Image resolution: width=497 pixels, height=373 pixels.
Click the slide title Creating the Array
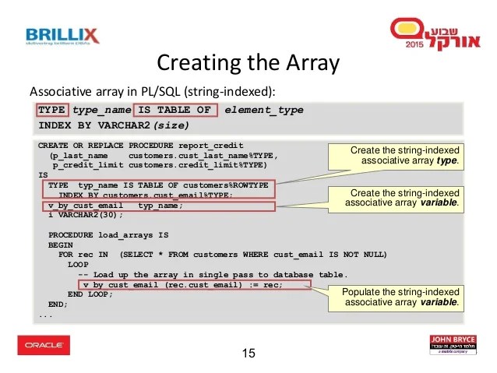click(248, 62)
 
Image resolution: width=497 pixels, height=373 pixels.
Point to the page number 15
click(248, 354)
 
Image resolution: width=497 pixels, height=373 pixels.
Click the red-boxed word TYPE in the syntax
click(51, 110)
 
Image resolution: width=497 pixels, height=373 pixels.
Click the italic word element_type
click(263, 110)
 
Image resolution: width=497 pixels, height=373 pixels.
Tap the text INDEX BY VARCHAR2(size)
click(114, 125)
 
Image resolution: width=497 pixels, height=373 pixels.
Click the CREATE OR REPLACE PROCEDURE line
click(140, 146)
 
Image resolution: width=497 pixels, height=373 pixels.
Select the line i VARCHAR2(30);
click(81, 215)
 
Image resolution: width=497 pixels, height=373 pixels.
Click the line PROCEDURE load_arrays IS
click(108, 234)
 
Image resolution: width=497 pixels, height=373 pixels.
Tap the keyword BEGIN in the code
click(61, 245)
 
